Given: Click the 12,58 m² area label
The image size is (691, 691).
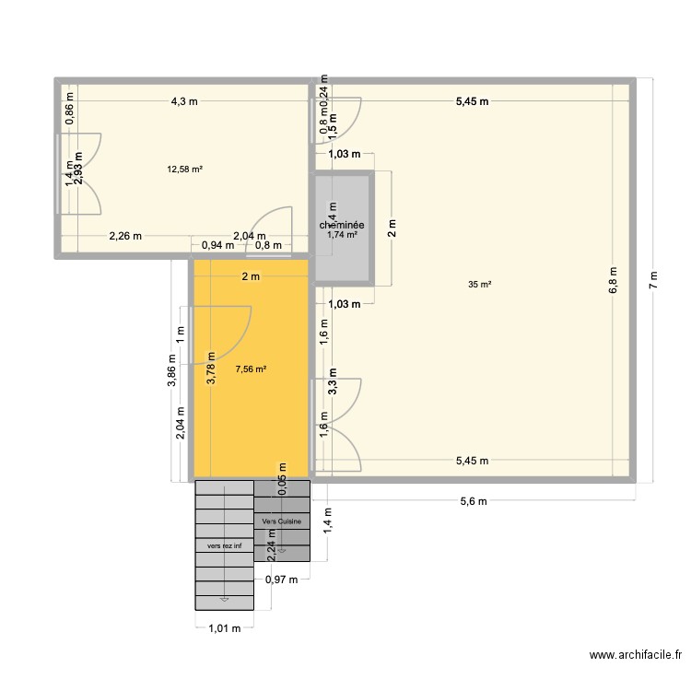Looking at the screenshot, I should [x=184, y=169].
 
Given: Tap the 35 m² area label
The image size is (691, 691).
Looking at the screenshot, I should [x=479, y=285].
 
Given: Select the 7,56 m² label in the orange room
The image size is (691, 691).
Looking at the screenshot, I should [x=251, y=369].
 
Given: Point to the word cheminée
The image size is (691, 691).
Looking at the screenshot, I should [x=342, y=225].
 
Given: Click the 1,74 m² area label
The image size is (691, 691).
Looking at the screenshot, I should [x=342, y=235].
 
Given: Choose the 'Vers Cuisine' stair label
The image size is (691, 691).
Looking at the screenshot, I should [x=282, y=521].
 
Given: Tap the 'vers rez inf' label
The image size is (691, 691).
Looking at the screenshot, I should [x=224, y=545].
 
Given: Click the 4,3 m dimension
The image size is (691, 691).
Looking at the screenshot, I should [x=183, y=101].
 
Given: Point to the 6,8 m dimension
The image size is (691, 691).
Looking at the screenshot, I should [x=613, y=280].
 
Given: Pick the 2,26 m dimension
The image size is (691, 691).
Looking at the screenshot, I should [x=126, y=235].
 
